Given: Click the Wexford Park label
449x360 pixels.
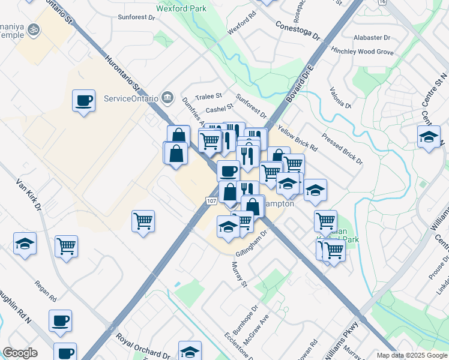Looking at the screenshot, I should pyautogui.click(x=181, y=8).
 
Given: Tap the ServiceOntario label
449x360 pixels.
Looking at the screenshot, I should pyautogui.click(x=131, y=98).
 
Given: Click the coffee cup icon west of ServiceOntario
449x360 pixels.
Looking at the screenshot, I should pyautogui.click(x=83, y=100).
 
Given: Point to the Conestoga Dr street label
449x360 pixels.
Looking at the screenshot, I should pyautogui.click(x=298, y=30).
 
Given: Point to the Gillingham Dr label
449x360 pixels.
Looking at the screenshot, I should pyautogui.click(x=250, y=241).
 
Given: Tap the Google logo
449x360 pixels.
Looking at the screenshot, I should pyautogui.click(x=20, y=353).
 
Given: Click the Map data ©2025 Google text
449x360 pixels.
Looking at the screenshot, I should pyautogui.click(x=411, y=355).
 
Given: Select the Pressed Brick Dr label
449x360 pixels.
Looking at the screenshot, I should pyautogui.click(x=342, y=149).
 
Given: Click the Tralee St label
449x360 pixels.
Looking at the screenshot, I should pyautogui.click(x=210, y=97).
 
